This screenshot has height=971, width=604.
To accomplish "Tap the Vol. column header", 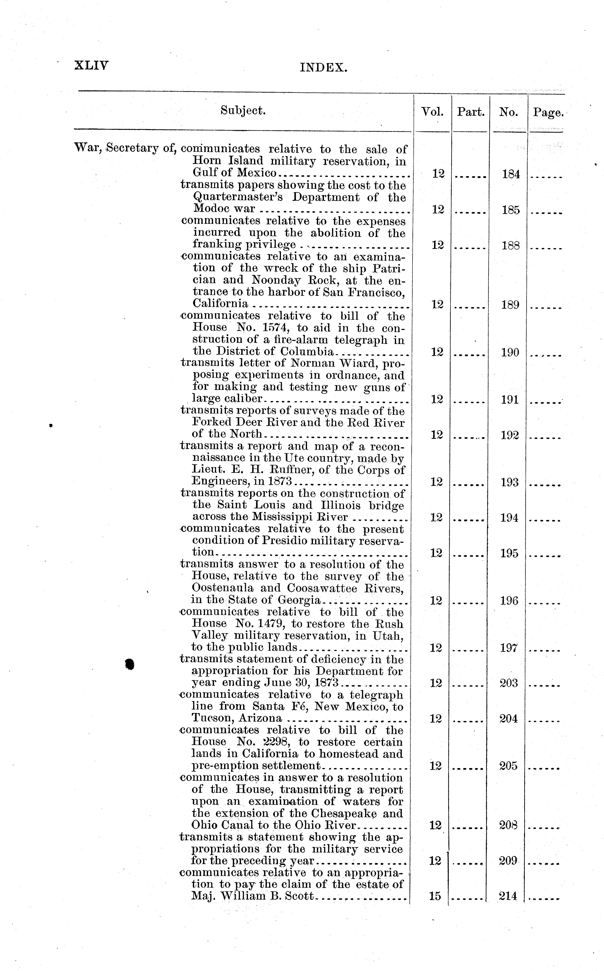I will click(x=432, y=112).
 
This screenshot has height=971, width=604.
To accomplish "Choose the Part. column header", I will click(x=471, y=112).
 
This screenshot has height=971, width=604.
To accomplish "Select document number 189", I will click(x=510, y=305).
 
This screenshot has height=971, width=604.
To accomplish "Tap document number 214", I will click(x=508, y=896).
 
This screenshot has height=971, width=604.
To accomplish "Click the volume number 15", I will click(x=435, y=896).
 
